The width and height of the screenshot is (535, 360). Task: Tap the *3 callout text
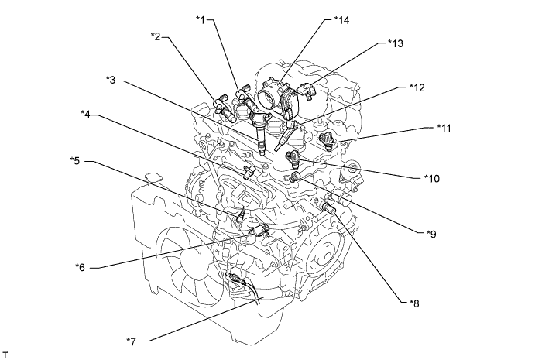(113, 80)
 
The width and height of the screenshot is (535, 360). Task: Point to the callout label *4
(87, 115)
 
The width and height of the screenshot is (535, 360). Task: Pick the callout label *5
(76, 161)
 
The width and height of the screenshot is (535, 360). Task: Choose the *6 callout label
(80, 267)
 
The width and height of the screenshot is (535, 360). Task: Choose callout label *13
(397, 43)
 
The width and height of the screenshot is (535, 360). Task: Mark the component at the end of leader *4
(249, 171)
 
